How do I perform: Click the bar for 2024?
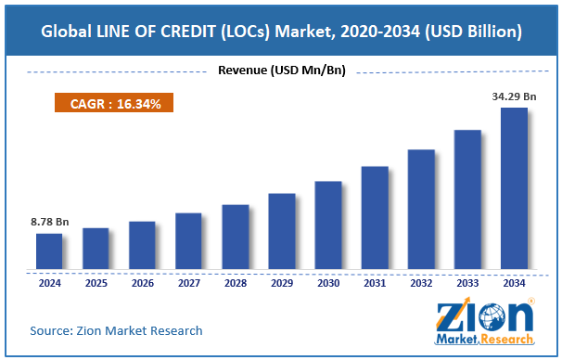tap(49, 251)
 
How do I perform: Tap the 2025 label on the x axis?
tap(96, 283)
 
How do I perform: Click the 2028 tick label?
tap(235, 283)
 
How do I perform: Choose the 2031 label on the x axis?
tap(375, 283)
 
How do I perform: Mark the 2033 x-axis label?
tap(467, 283)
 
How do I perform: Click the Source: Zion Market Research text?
tap(116, 330)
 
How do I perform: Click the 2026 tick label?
tap(142, 283)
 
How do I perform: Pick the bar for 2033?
tap(467, 199)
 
